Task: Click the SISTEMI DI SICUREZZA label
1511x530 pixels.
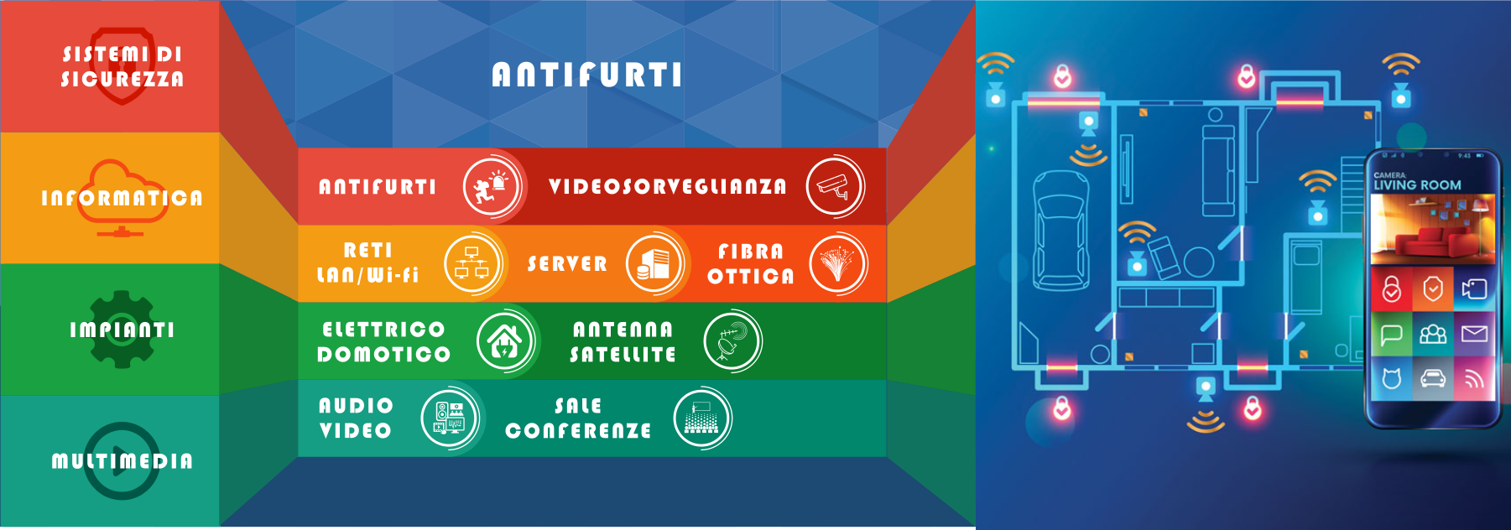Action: (x=122, y=66)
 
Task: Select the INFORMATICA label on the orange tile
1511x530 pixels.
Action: (x=122, y=198)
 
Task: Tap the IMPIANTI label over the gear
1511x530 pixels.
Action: (x=122, y=330)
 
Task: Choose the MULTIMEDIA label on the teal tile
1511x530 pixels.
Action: (x=122, y=460)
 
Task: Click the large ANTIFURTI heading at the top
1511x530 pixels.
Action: (x=587, y=75)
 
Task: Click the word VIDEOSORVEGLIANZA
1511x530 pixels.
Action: (x=668, y=186)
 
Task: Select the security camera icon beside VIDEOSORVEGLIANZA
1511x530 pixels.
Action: (x=835, y=187)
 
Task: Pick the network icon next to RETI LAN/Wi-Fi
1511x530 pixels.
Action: (x=472, y=263)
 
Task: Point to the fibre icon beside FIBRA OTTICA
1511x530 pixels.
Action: (x=837, y=263)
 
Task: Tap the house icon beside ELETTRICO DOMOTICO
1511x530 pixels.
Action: (x=505, y=340)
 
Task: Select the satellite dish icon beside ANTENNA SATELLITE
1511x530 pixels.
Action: (x=732, y=340)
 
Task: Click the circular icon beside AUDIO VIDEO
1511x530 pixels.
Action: (x=450, y=418)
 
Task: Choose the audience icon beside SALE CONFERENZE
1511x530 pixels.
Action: (x=702, y=418)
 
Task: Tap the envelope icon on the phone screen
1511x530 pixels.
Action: (x=1474, y=335)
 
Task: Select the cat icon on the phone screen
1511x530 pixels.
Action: (x=1392, y=379)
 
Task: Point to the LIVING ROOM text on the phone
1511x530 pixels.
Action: (x=1417, y=185)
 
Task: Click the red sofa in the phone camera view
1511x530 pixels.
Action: (x=1428, y=241)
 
